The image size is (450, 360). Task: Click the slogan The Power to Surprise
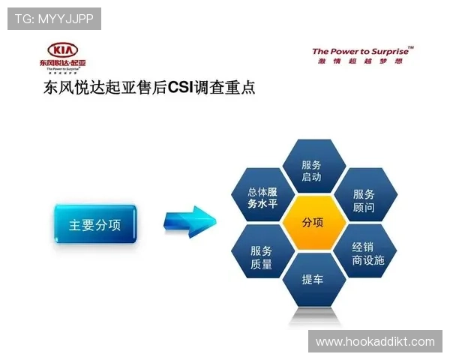click(x=362, y=52)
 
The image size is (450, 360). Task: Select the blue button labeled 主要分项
click(x=94, y=224)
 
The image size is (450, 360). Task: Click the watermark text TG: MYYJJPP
click(x=54, y=18)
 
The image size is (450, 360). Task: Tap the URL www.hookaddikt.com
click(x=375, y=342)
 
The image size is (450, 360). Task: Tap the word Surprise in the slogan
click(x=390, y=52)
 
